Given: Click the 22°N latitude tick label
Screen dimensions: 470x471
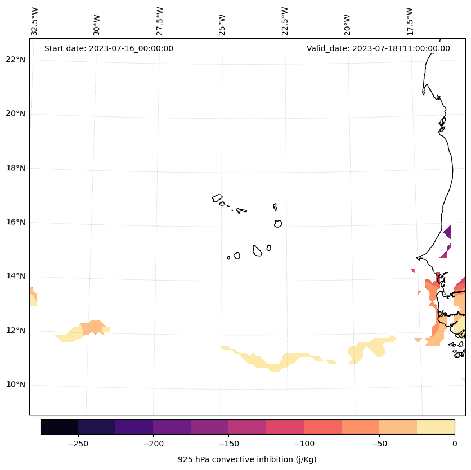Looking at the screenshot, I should (16, 60).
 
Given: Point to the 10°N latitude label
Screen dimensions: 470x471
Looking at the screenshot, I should (16, 385).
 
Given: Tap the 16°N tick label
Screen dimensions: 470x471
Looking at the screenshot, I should (16, 223).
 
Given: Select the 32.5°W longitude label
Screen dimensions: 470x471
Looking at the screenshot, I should (35, 21).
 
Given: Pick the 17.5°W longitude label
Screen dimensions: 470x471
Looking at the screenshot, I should (410, 21).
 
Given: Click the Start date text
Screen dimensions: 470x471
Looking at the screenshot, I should (109, 48).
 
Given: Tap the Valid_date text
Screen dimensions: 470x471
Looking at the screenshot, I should (378, 48).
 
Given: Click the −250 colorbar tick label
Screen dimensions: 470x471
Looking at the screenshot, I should (78, 443).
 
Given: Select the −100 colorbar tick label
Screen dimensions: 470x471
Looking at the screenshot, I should (304, 443).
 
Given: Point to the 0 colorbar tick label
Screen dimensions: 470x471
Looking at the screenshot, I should (455, 443).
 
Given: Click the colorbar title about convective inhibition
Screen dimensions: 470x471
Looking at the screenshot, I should (247, 459).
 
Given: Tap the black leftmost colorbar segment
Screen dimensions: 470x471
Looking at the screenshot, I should (59, 427).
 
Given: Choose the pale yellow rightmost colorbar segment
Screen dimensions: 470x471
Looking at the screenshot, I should (436, 427).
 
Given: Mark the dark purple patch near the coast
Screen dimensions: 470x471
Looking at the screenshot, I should (448, 232).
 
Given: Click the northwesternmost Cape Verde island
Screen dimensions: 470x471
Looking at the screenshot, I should (217, 198).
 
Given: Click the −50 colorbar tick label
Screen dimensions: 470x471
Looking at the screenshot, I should (379, 443).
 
